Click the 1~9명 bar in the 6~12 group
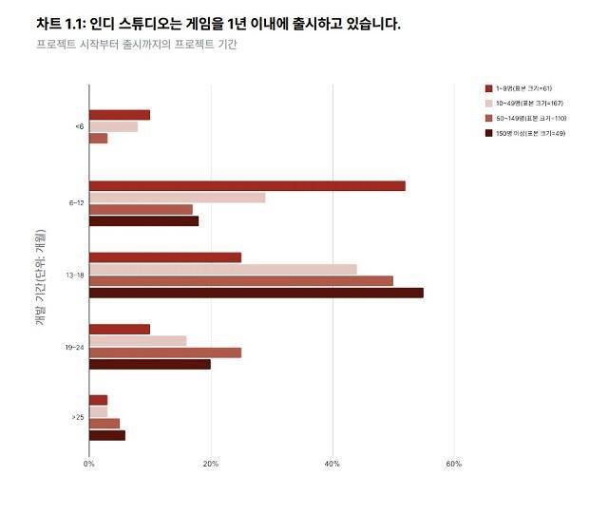[247, 185]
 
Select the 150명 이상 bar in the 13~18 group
[256, 293]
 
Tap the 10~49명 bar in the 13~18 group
[222, 269]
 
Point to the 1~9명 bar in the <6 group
[119, 115]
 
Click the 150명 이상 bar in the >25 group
[106, 435]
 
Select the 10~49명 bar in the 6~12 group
[177, 198]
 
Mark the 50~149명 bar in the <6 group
[98, 139]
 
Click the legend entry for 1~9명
[526, 88]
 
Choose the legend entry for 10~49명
[528, 104]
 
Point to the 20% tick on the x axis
[211, 464]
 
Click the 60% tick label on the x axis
[453, 464]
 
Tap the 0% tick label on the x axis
[88, 464]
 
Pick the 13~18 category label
[75, 276]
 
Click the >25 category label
[77, 417]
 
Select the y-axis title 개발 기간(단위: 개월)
[40, 276]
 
